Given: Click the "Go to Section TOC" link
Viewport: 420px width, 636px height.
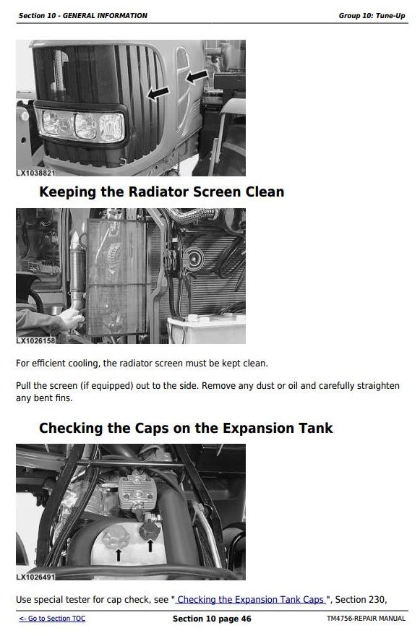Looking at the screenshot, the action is [x=52, y=619].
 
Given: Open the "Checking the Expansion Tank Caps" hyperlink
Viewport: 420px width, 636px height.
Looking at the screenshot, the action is [x=250, y=599].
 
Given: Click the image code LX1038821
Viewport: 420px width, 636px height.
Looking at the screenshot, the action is [x=35, y=173].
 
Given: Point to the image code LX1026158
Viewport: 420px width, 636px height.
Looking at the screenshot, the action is [x=35, y=340].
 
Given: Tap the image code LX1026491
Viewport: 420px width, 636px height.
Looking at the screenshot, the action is [x=35, y=577].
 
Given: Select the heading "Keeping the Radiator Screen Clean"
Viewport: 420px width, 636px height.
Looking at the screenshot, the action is [x=161, y=192].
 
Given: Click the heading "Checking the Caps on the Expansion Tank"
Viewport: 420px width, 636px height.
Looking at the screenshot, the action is [x=186, y=429].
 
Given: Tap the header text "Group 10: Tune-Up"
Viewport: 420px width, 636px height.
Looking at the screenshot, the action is [x=372, y=16].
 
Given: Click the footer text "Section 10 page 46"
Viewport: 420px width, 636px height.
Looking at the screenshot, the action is [x=212, y=619].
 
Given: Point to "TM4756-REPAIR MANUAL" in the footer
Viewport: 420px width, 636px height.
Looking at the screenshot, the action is [x=366, y=619].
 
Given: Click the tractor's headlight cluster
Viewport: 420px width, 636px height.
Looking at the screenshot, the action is [x=83, y=124].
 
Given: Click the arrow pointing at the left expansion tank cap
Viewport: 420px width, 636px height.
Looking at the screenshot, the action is [x=118, y=555].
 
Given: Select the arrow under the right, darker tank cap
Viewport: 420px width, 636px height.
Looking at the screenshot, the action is [x=150, y=546].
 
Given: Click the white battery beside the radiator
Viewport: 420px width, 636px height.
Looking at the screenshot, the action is [x=207, y=330].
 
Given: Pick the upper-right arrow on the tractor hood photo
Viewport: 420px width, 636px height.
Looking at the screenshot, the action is [x=197, y=77].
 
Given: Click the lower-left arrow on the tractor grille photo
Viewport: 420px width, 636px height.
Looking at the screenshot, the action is [x=158, y=93].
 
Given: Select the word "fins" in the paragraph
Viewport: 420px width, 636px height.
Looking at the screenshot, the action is [x=64, y=398].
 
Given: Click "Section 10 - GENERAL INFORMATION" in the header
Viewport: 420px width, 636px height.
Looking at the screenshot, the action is [x=83, y=16].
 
